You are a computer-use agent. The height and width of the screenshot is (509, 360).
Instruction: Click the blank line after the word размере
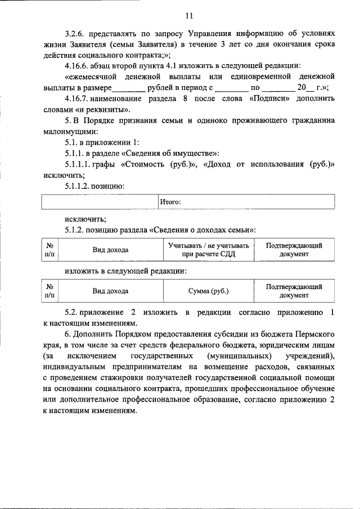128,88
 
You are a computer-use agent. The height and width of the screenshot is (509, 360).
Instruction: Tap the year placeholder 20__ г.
311,87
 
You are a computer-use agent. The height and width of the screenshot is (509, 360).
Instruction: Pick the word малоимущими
67,130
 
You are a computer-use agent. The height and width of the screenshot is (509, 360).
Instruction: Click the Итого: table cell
246,201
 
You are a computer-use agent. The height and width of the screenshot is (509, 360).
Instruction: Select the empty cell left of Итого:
100,201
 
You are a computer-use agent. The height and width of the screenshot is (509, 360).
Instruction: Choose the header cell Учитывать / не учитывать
208,250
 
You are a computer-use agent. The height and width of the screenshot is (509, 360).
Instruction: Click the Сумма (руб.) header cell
208,291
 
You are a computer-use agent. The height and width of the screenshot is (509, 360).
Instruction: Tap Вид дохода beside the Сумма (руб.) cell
110,291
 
